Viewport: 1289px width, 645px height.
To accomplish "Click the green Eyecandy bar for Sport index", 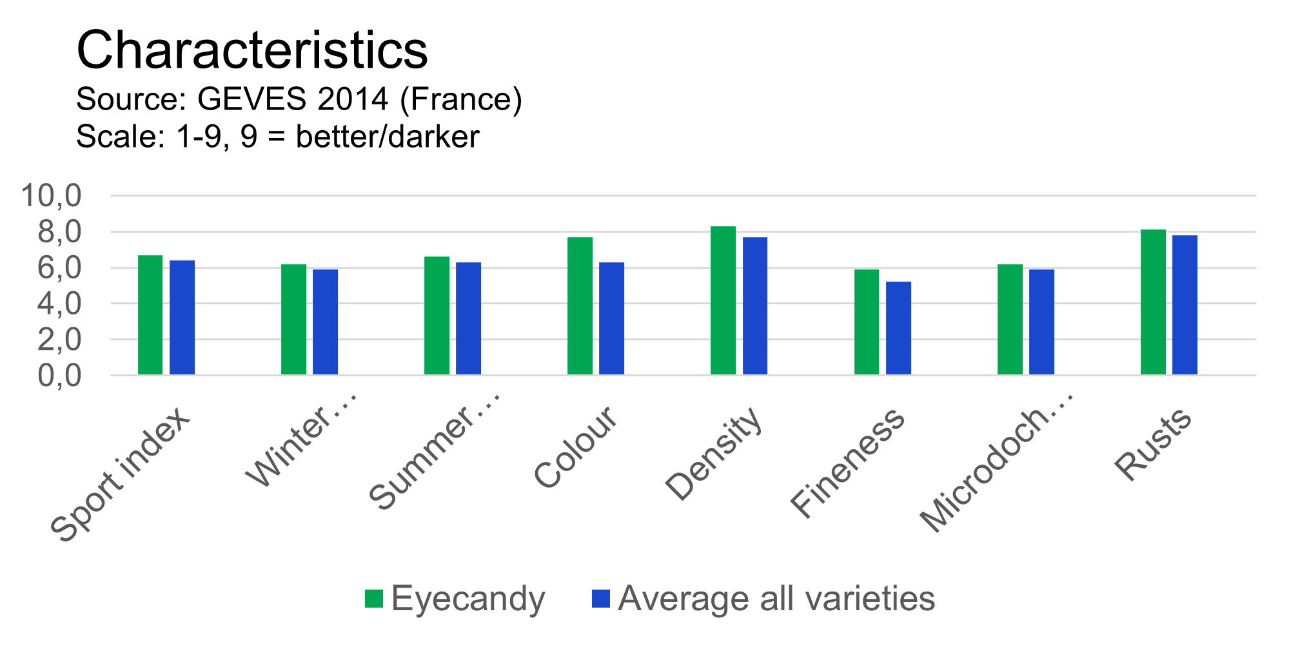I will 150,315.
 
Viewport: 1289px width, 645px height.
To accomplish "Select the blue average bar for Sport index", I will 182,318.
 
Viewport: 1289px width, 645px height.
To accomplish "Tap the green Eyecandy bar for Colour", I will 580,306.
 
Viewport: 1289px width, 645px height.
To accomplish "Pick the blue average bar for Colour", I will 612,318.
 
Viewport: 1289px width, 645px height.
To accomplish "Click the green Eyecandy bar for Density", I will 723,300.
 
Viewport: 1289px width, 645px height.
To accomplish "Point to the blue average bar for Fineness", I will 899,328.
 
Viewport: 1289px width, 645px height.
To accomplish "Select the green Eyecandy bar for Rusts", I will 1154,302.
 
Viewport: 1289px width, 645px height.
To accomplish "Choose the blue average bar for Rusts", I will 1185,305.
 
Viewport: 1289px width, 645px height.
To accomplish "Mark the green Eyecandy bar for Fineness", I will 867,322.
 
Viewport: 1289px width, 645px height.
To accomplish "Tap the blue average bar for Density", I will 755,306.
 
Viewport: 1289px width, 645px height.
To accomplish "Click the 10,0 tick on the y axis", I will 52,195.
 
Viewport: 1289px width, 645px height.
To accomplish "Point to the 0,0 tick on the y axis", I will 59,376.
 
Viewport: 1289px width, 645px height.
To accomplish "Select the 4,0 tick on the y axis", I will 59,303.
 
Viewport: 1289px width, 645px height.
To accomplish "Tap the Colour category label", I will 576,447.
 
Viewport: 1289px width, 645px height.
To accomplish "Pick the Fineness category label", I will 847,462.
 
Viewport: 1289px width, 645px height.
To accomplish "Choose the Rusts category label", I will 1154,444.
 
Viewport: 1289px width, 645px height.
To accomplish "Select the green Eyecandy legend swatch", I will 374,599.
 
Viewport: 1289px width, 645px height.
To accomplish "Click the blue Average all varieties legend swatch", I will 600,599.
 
